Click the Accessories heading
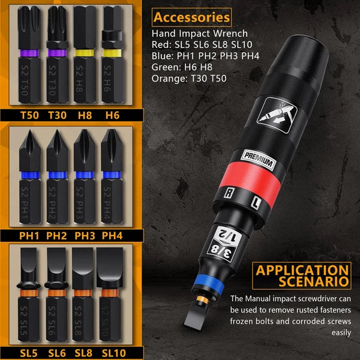[191, 17]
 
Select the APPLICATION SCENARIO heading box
[302, 275]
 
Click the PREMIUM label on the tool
[259, 161]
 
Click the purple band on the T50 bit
[30, 53]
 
